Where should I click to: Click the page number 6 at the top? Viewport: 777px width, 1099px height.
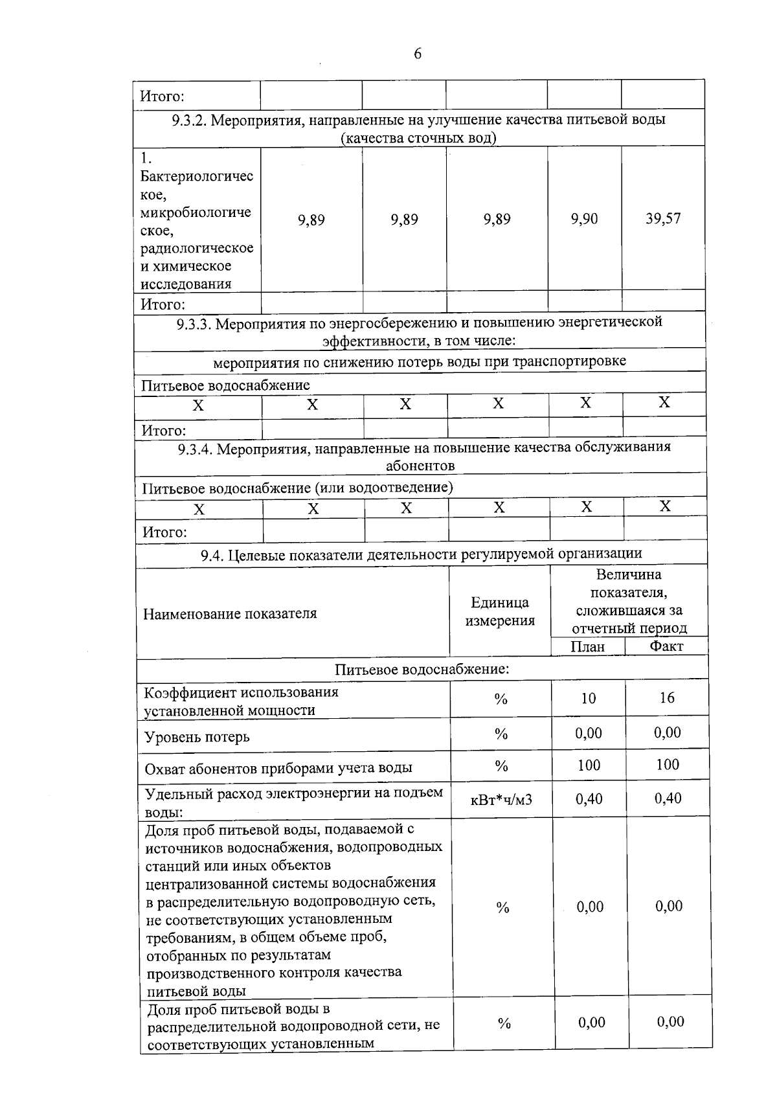[x=418, y=54]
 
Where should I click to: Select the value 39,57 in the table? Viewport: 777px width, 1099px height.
[x=663, y=218]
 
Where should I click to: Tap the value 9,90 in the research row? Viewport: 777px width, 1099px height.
[x=584, y=219]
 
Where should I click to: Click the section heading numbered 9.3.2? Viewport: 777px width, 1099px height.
[x=419, y=128]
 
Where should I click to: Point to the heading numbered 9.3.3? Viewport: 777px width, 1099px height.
[x=420, y=331]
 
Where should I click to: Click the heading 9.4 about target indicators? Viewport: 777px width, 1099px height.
[x=421, y=554]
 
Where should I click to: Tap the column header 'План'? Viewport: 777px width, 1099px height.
[x=587, y=646]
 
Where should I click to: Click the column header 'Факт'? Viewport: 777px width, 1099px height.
[x=666, y=646]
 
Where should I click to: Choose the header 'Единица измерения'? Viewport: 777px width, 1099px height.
[x=499, y=611]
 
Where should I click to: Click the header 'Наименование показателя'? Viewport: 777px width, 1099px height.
[x=230, y=613]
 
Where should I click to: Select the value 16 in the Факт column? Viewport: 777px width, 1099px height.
[x=667, y=697]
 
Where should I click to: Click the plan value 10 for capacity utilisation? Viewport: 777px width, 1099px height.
[x=588, y=698]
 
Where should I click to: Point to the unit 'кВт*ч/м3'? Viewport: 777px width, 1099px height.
[x=501, y=799]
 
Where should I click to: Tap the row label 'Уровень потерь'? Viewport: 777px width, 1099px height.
[x=197, y=737]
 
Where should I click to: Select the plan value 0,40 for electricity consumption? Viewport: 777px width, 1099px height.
[x=589, y=799]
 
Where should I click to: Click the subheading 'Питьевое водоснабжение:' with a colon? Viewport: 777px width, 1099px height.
[x=422, y=669]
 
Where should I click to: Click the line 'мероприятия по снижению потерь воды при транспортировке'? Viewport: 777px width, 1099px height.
[x=420, y=361]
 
